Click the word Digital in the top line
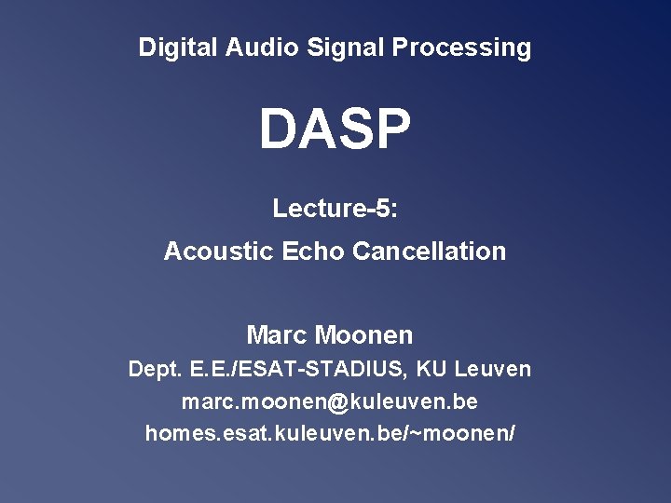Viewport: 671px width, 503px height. pos(178,48)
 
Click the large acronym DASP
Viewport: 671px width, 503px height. pos(335,130)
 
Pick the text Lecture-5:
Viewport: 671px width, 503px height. pos(335,209)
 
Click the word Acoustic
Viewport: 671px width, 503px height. pos(218,251)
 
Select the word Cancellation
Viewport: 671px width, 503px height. pos(430,251)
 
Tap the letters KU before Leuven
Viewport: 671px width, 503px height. pos(431,370)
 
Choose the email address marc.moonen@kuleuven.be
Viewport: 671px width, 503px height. pos(330,402)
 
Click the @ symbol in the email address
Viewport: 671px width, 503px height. pos(337,402)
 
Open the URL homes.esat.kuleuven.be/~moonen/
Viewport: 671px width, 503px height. pos(330,434)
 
